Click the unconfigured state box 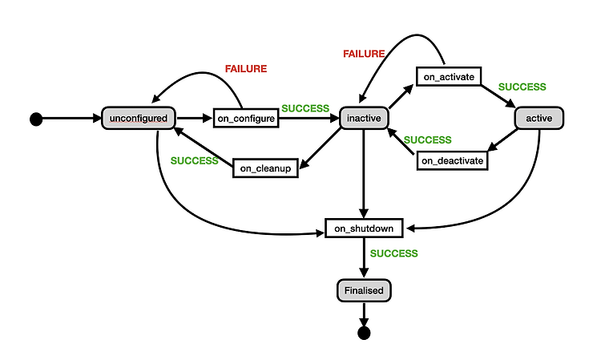coord(139,118)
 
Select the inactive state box coord(364,118)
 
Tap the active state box coord(539,118)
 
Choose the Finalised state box coord(364,290)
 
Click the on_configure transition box coord(246,118)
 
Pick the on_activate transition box coord(449,77)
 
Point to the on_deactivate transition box coord(452,160)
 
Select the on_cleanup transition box coord(265,168)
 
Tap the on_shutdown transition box coord(364,229)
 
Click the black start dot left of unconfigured coord(36,119)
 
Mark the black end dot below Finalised coord(364,333)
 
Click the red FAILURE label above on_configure coord(246,69)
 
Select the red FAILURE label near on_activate coord(364,54)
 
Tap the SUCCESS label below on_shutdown coord(393,253)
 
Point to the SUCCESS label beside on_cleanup coord(195,160)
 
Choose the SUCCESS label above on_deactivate coord(427,140)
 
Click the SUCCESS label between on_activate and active coord(522,87)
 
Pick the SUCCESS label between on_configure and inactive coord(305,108)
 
